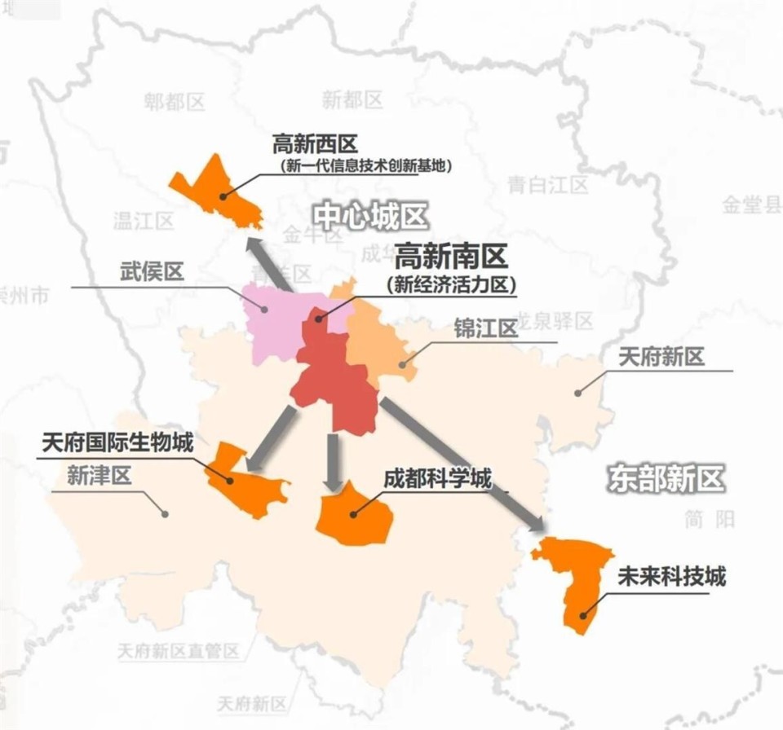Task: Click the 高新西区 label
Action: (315, 144)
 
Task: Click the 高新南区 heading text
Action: (451, 257)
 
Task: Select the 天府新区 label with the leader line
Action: (661, 356)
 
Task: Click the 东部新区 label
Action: (666, 478)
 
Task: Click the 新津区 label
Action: (99, 477)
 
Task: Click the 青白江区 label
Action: (547, 185)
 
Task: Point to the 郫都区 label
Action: (175, 102)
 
